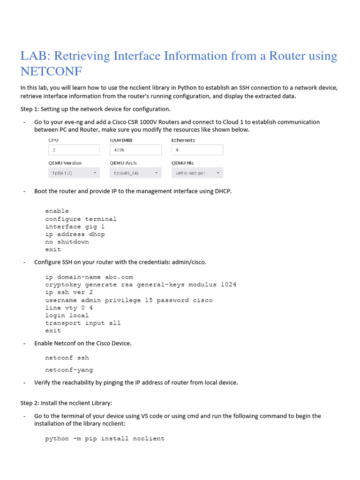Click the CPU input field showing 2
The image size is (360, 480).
coord(74,150)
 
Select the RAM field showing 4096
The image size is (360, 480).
coord(135,150)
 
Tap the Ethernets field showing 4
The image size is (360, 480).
coord(197,150)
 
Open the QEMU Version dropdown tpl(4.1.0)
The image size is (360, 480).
coord(74,173)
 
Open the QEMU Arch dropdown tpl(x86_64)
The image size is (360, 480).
coord(135,173)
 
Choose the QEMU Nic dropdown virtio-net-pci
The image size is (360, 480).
coord(197,173)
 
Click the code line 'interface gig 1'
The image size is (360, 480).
coord(75,227)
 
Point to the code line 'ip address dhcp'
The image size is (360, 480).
coord(75,234)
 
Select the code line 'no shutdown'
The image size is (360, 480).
coord(67,242)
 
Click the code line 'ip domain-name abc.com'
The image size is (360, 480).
coord(89,277)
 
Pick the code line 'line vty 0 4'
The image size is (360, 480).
coord(69,308)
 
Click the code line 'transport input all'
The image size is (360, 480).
coord(83,323)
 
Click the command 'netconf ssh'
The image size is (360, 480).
coord(67,358)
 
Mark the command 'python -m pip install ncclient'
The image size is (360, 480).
coord(105,439)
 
